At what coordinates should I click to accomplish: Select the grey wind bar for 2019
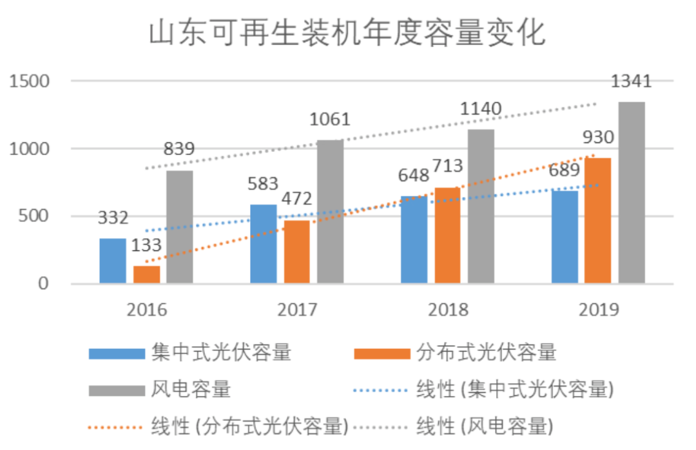632,193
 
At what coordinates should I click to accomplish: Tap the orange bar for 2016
146,275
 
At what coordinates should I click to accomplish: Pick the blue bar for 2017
263,245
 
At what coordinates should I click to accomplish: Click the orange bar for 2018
447,236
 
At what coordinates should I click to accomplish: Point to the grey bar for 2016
179,227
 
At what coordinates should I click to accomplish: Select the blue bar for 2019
565,237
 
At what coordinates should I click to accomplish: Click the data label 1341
631,82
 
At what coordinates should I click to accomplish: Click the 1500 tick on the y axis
30,82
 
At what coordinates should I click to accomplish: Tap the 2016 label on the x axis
146,310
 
